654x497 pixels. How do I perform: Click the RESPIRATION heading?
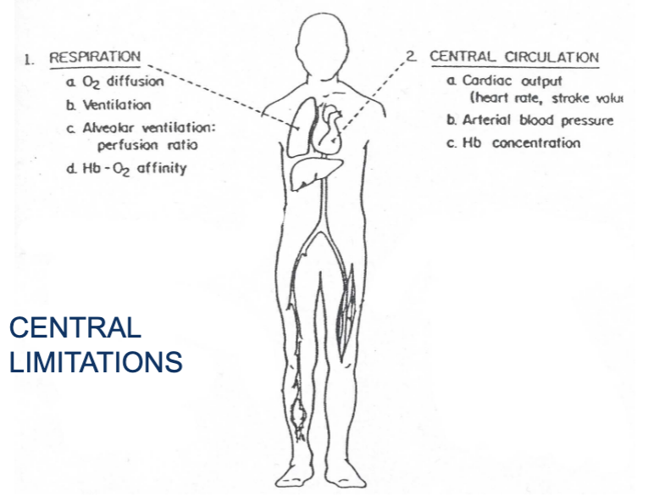coord(95,57)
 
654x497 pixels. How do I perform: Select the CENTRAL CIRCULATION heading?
coord(513,58)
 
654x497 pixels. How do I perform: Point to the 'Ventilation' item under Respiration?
coord(117,105)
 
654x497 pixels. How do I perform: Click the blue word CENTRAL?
coord(75,327)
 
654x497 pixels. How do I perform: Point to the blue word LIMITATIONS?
coord(95,362)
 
